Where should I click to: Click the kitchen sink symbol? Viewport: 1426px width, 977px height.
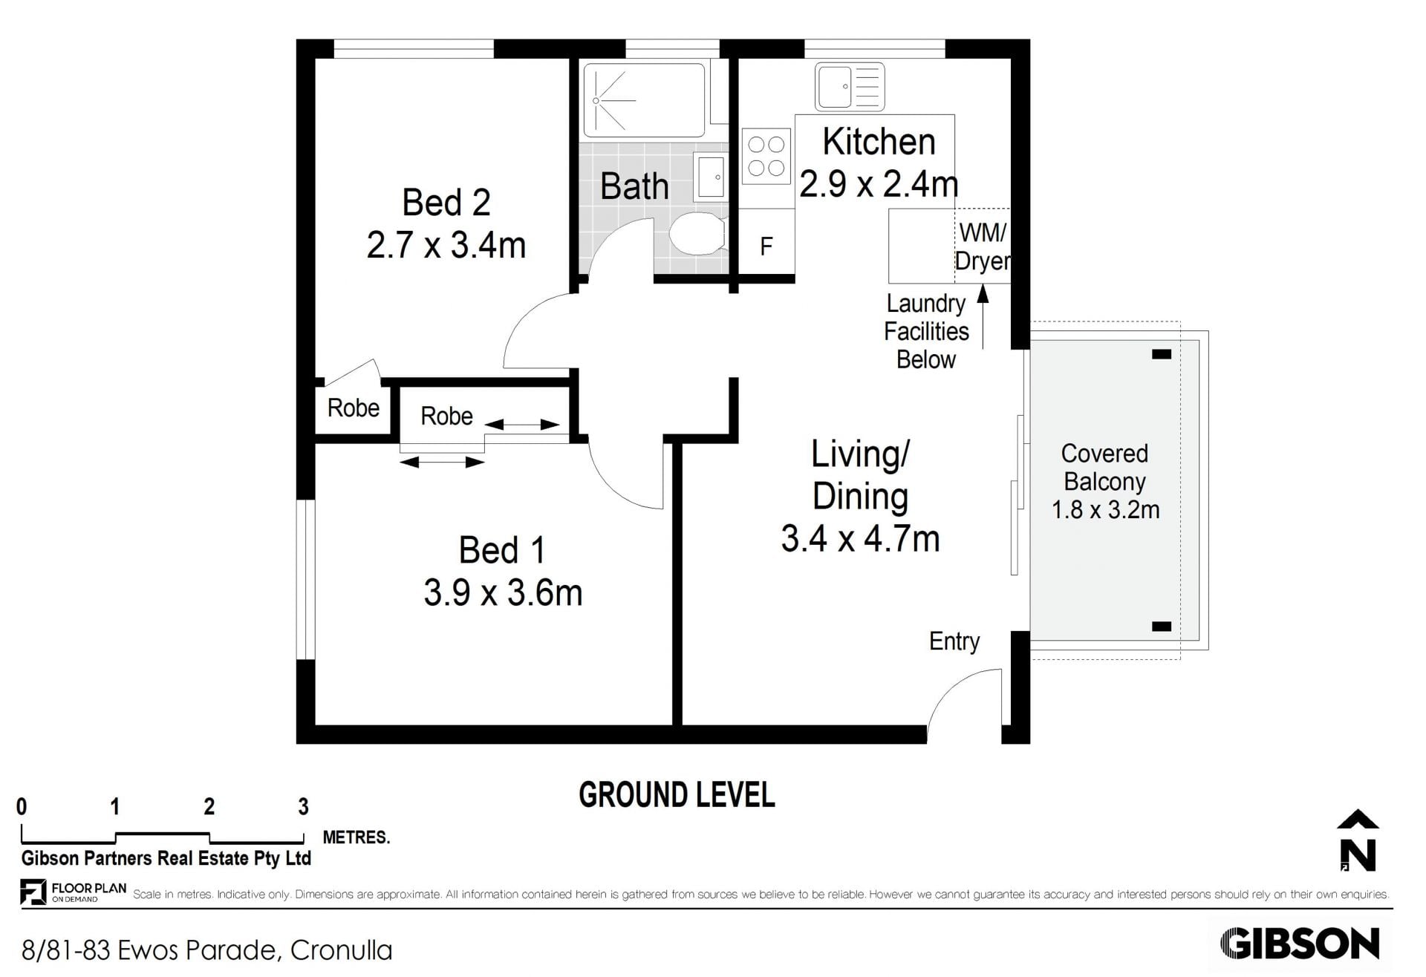click(x=850, y=87)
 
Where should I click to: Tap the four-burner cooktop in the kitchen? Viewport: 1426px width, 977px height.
click(x=766, y=156)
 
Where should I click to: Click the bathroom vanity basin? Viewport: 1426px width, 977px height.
click(x=709, y=177)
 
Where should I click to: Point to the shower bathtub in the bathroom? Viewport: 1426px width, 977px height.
click(x=644, y=100)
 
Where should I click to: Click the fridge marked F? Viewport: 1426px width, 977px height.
click(x=766, y=246)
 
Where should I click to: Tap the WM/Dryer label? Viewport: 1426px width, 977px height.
click(x=982, y=246)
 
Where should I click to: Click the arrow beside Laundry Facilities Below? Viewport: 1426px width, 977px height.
click(x=983, y=316)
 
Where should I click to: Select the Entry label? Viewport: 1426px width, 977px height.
click(x=954, y=641)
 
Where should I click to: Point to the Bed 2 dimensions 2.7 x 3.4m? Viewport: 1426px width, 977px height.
click(x=446, y=245)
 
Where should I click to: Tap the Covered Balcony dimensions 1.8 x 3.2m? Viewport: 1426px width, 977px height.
click(x=1105, y=510)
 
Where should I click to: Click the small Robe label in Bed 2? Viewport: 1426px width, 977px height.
click(x=354, y=408)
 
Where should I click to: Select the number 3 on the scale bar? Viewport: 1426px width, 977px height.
click(x=303, y=806)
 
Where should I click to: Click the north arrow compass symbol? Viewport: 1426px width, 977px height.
click(x=1358, y=840)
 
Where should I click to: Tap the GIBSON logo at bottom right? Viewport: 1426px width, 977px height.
click(x=1299, y=944)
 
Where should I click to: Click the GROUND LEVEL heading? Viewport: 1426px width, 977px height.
click(x=677, y=795)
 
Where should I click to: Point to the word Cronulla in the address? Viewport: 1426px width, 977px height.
click(x=341, y=950)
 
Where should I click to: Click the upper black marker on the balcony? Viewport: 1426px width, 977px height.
click(x=1162, y=354)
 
